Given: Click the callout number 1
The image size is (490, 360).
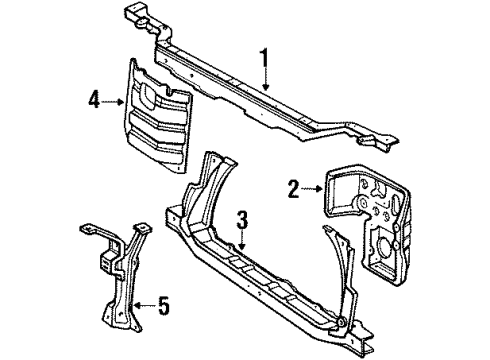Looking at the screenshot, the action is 264,60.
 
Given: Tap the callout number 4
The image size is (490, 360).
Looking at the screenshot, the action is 92,99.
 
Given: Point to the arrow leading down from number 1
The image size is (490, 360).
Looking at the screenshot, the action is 265,79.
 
